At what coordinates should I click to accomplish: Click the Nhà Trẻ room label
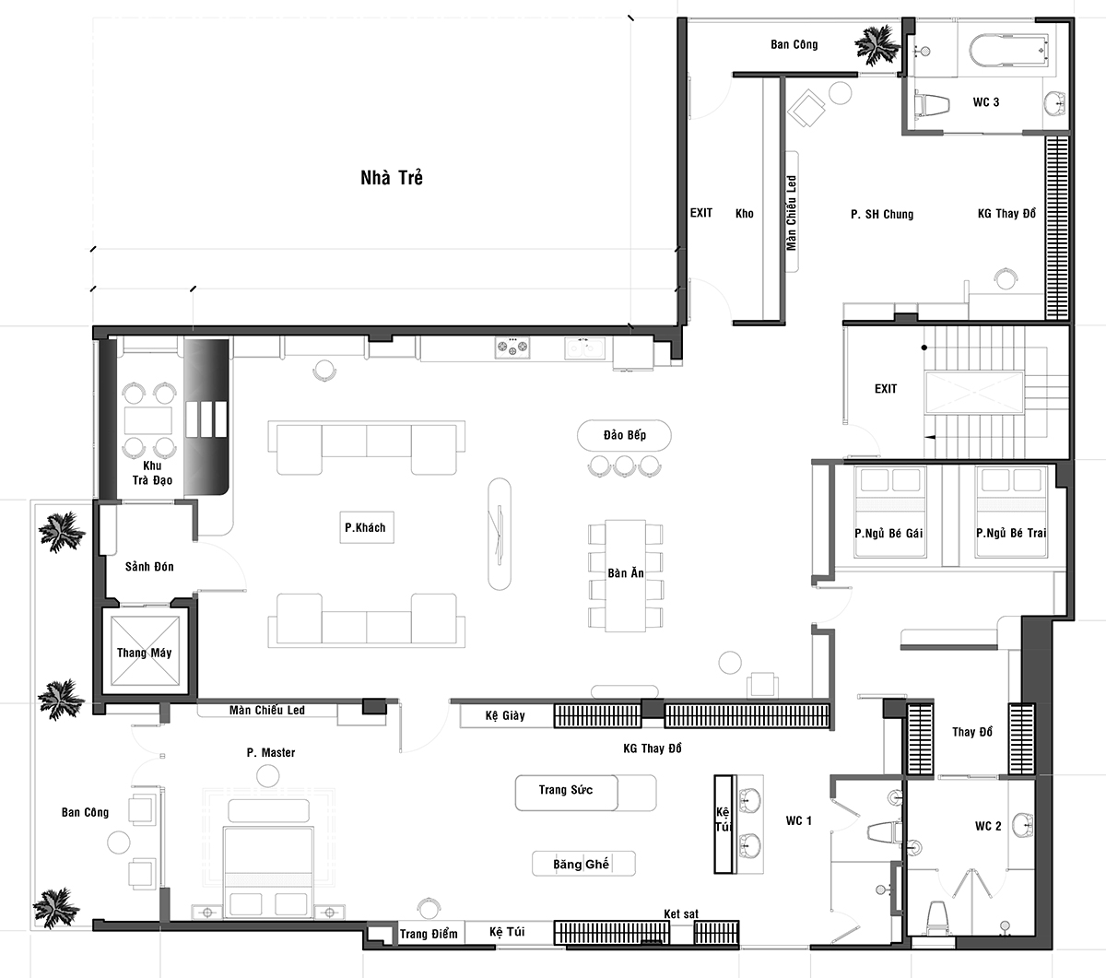[x=392, y=178]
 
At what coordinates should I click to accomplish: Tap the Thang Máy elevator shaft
[x=145, y=651]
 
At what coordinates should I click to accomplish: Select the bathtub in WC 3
[x=1009, y=51]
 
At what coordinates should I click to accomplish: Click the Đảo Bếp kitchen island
[x=624, y=435]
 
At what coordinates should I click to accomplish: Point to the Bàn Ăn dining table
[x=626, y=575]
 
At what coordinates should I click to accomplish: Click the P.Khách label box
[x=367, y=527]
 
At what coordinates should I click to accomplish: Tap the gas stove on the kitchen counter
[x=512, y=348]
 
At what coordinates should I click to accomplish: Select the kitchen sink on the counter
[x=584, y=348]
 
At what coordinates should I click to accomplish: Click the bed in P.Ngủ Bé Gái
[x=889, y=512]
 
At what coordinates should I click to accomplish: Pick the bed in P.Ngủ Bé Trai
[x=1012, y=512]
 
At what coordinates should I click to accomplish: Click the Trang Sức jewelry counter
[x=586, y=793]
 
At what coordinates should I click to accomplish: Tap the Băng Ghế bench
[x=583, y=864]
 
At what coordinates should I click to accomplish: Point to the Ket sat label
[x=681, y=913]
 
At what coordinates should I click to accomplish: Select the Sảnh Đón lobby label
[x=149, y=566]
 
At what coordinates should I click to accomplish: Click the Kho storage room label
[x=744, y=213]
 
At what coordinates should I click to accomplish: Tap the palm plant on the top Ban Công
[x=877, y=45]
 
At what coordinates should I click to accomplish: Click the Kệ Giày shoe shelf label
[x=505, y=715]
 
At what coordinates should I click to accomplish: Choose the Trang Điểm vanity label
[x=429, y=934]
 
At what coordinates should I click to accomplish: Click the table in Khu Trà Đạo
[x=148, y=420]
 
